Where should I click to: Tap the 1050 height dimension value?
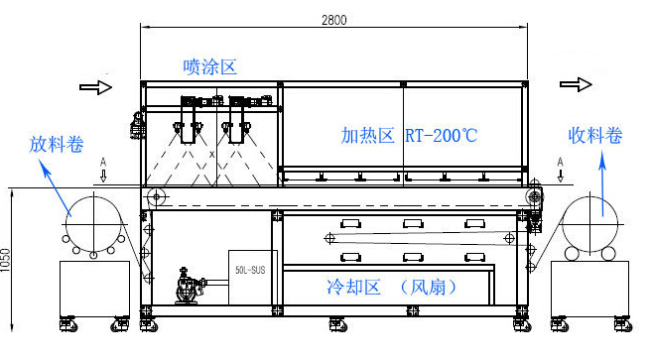pos(11,255)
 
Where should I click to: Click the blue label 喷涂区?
pos(210,66)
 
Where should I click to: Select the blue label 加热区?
pos(368,135)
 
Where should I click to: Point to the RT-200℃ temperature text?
pos(441,135)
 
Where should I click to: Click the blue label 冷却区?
pos(354,288)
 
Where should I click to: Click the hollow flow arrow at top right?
pos(574,86)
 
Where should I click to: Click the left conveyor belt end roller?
pos(155,198)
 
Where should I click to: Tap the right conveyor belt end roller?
pos(535,197)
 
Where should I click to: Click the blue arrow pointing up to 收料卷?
pos(600,184)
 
